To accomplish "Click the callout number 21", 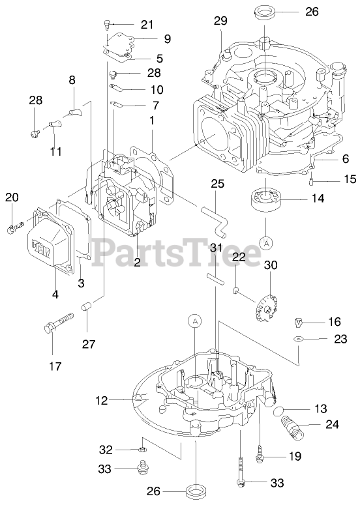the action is [147, 25].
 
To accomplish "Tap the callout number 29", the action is [220, 21].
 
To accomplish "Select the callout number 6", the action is [345, 158].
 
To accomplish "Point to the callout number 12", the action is [101, 400].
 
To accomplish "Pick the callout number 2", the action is [138, 262].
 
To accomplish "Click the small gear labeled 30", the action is [265, 310].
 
